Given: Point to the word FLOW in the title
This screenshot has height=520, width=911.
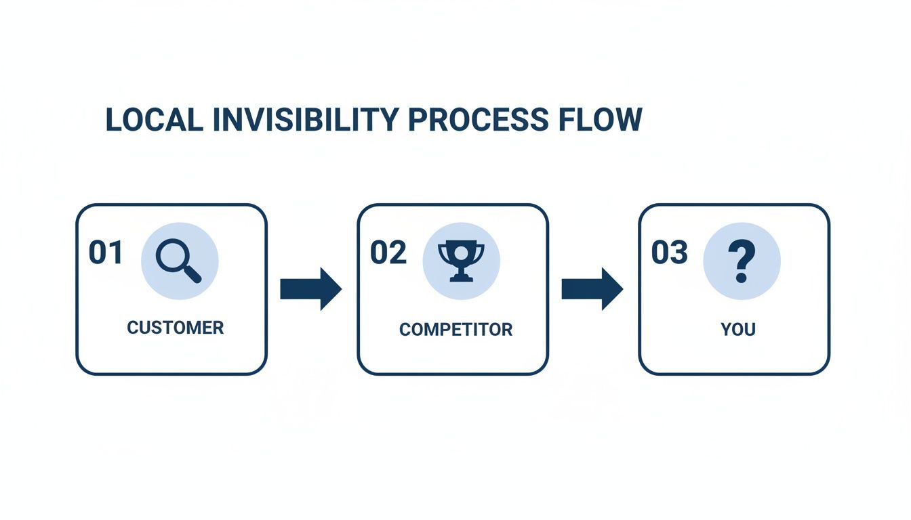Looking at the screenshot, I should [600, 120].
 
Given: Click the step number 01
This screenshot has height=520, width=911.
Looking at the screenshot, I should [106, 253].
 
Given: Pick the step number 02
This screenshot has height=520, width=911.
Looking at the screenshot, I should [388, 253].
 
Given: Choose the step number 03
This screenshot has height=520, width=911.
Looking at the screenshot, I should [670, 253].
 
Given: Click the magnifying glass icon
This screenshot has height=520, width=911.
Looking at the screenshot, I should [179, 261].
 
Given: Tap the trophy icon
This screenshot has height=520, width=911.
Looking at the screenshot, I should [461, 261].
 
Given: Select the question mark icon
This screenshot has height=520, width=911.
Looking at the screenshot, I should [742, 261].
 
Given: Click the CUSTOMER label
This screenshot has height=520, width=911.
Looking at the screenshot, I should [175, 328].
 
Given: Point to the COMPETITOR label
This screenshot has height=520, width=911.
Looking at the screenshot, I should [455, 330].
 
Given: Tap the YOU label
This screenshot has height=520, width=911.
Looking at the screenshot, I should [738, 330].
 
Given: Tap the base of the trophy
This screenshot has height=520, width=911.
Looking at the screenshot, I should [461, 276].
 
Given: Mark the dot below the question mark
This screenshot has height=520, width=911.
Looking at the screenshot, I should [741, 278].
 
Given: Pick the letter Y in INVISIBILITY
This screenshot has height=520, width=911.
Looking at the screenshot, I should [390, 120].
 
